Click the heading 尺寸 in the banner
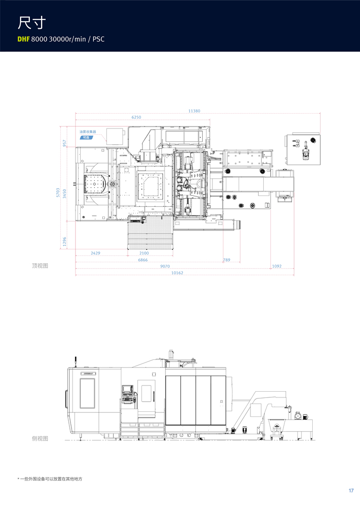click(x=32, y=23)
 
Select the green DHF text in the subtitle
click(x=24, y=39)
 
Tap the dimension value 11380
click(x=194, y=111)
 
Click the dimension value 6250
click(x=136, y=117)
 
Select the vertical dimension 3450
click(x=65, y=193)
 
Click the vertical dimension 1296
click(x=65, y=241)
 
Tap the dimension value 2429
click(x=96, y=253)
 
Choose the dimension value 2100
click(x=144, y=253)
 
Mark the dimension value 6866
click(x=143, y=260)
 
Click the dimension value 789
click(x=226, y=260)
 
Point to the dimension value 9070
click(x=165, y=266)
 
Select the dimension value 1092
click(x=277, y=266)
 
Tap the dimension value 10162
click(x=177, y=272)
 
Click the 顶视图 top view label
click(x=40, y=266)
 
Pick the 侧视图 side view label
click(x=40, y=438)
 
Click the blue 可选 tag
click(x=86, y=138)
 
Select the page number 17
click(x=351, y=490)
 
